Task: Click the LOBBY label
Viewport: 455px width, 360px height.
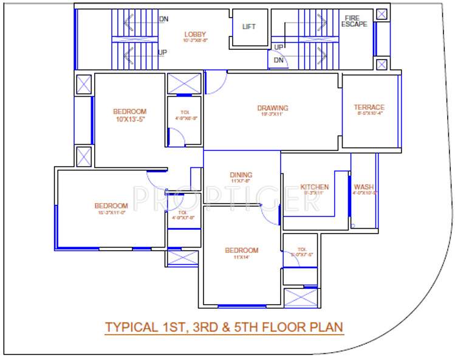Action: coord(196,34)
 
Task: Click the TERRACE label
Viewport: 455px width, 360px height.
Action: coord(369,108)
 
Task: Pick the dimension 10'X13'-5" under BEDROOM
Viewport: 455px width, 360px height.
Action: coord(129,119)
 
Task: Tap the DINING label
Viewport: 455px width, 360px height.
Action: coord(241,175)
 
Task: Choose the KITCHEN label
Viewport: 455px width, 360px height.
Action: coord(315,187)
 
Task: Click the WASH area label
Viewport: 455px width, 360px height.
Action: coord(364,187)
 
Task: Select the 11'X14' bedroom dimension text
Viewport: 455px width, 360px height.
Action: coord(241,257)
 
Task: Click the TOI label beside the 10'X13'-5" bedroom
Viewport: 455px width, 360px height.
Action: coord(184,112)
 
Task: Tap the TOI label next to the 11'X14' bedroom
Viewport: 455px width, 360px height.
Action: coord(302,249)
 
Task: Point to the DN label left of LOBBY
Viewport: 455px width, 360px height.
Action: coord(163,19)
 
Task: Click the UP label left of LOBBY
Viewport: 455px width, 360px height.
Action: coord(163,52)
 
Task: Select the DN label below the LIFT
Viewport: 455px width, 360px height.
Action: coord(278,60)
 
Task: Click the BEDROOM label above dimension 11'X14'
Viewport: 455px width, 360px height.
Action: coord(241,250)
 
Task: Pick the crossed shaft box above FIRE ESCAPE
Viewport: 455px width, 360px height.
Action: coord(381,14)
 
